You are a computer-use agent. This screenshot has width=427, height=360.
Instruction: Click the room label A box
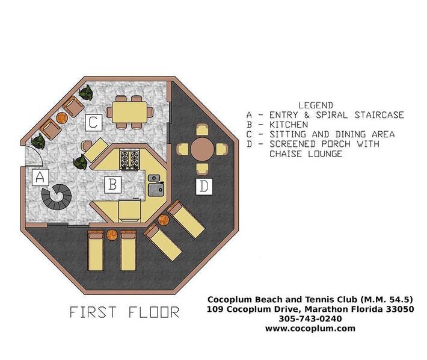(40, 178)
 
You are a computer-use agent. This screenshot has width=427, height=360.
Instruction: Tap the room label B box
(112, 185)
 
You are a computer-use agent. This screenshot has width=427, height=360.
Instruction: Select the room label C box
(93, 122)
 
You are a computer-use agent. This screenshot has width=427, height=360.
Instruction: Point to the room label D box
(204, 187)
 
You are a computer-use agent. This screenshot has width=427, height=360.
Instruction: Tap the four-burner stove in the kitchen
(129, 160)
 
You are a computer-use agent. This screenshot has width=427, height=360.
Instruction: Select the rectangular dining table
(130, 112)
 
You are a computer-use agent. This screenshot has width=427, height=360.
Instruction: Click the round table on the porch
(202, 149)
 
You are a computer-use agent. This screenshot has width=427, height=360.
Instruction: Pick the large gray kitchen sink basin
(156, 189)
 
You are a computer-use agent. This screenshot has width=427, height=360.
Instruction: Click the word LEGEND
(315, 105)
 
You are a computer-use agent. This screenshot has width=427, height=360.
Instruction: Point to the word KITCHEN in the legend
(289, 125)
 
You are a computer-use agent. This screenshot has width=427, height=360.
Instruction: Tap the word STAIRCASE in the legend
(379, 115)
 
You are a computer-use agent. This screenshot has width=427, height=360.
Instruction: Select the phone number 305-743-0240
(310, 318)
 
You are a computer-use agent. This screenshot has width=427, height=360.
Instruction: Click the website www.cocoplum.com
(310, 328)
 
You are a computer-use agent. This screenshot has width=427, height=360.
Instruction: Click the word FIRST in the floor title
(93, 312)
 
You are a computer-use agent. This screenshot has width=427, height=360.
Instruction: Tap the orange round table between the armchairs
(61, 118)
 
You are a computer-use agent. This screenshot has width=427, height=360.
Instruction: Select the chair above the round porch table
(202, 130)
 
